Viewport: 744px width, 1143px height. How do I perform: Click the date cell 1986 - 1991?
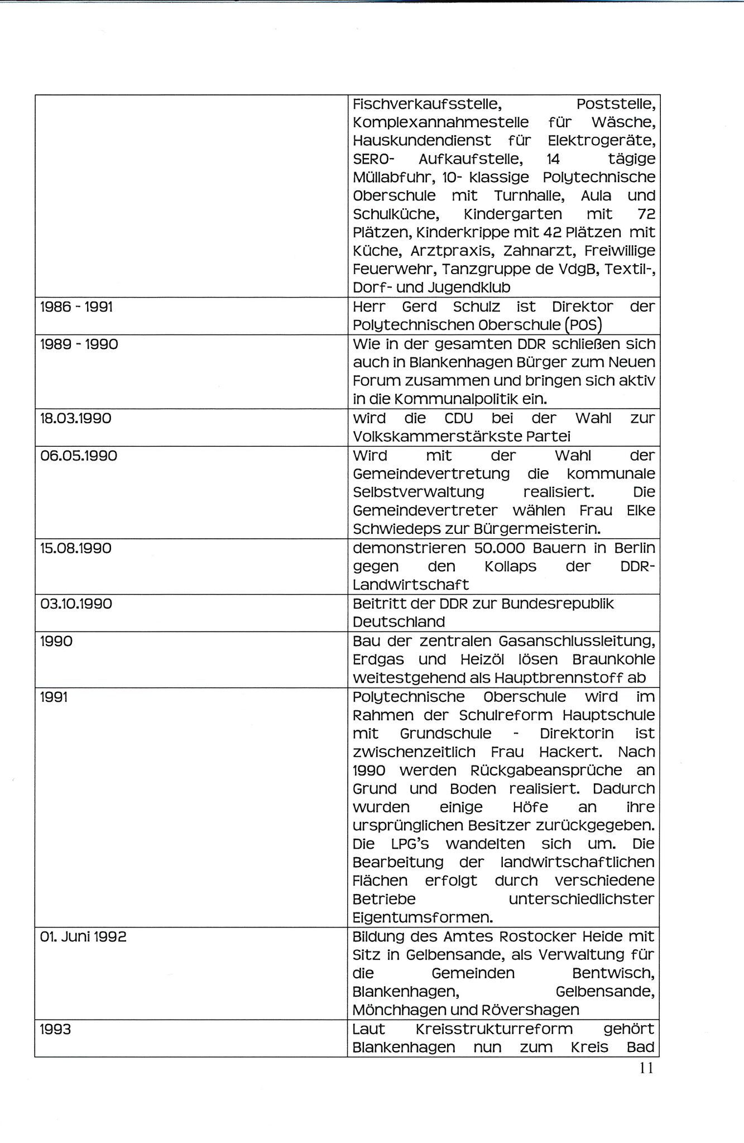point(76,307)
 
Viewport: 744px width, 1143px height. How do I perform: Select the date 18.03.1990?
point(76,418)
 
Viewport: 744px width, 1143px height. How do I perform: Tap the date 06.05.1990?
point(79,456)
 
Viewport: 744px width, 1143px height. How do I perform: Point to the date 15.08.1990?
point(76,548)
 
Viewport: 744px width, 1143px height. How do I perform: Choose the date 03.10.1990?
point(76,604)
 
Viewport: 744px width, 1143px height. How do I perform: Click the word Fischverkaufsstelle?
point(429,104)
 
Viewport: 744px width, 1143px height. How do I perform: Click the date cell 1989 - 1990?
point(79,344)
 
